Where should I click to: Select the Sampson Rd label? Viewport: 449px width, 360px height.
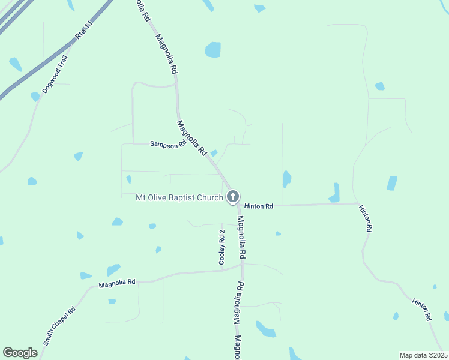pos(168,144)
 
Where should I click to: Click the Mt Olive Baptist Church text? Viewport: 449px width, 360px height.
pos(179,197)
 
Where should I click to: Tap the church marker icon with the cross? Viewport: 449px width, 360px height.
pos(233,196)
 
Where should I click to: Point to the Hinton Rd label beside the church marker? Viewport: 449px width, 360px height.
pos(259,206)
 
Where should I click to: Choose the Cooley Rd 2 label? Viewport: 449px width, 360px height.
pos(221,247)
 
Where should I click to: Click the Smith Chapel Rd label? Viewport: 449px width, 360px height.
pos(59,326)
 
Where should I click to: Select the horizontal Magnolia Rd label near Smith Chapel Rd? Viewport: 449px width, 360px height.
pos(118,283)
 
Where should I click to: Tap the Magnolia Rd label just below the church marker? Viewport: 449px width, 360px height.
pos(241,238)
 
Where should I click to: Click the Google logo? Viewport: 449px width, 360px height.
pos(20,352)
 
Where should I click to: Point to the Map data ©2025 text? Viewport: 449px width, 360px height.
pos(423,355)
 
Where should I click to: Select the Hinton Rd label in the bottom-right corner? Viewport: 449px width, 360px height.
pos(423,309)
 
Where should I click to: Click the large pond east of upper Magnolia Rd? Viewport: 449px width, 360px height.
pos(212,49)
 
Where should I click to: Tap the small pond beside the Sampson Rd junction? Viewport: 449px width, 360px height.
pos(214,153)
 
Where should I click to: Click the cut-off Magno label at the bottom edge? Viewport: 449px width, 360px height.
pos(237,347)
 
